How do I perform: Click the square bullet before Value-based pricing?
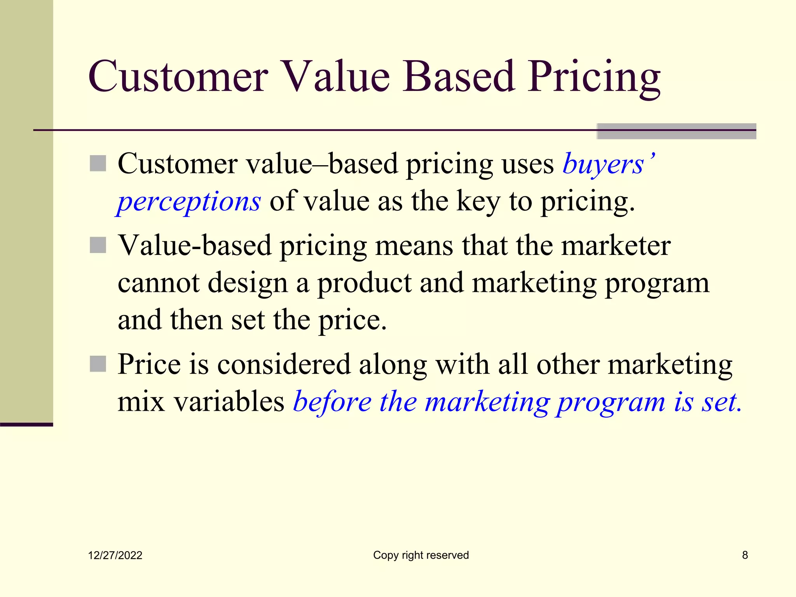[98, 245]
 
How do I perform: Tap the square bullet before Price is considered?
[98, 364]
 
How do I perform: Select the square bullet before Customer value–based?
[98, 163]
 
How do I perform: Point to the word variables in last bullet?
[229, 401]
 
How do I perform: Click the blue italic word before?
[332, 401]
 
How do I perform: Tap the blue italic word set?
[721, 401]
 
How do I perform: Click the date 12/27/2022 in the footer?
[115, 555]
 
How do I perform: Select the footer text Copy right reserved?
[421, 555]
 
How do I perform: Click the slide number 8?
[745, 555]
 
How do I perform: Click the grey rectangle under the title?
[676, 131]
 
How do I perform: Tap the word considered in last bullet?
[284, 364]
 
